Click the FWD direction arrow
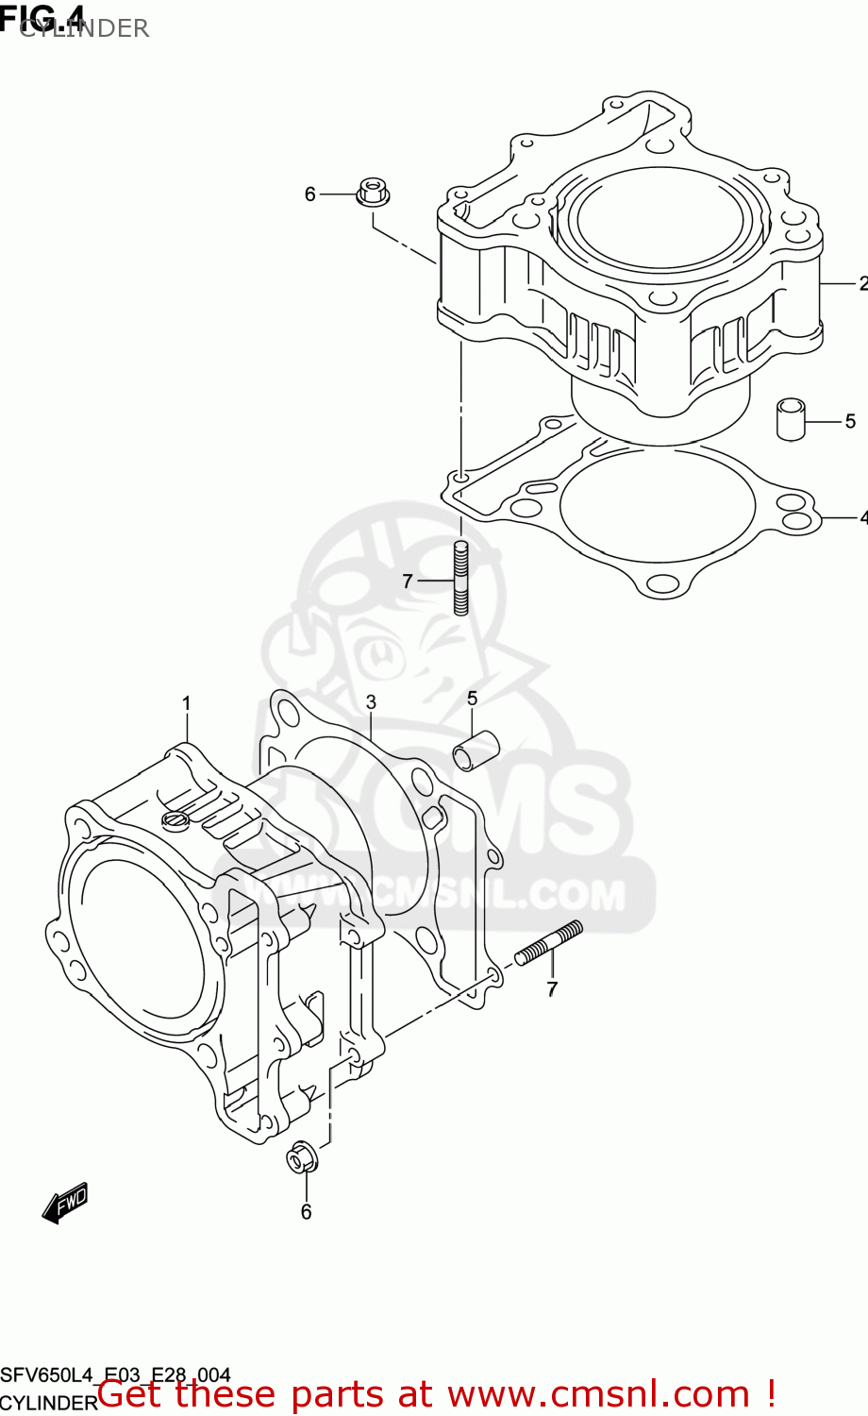65,1204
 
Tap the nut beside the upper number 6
374,193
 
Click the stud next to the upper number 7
461,578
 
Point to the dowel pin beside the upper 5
791,419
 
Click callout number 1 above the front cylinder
187,703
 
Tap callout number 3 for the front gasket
371,702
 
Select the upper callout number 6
309,194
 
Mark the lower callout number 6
306,1212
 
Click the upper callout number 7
408,582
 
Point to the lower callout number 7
552,989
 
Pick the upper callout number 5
850,422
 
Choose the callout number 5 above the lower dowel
472,699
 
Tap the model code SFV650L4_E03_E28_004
115,1375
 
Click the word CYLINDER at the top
84,29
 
